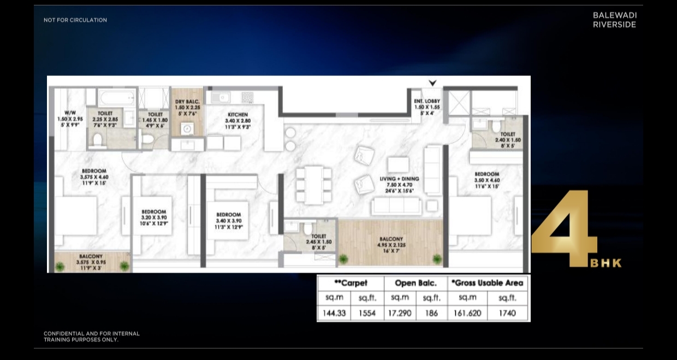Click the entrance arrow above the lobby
(432, 83)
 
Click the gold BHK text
(605, 263)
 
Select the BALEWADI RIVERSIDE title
(614, 20)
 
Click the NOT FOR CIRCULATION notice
(75, 20)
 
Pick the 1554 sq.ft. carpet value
(367, 314)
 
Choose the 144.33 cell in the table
(334, 314)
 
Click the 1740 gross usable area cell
(508, 314)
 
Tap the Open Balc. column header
(415, 283)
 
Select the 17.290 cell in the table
(400, 314)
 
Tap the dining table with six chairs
(313, 185)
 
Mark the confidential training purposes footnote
(92, 337)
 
